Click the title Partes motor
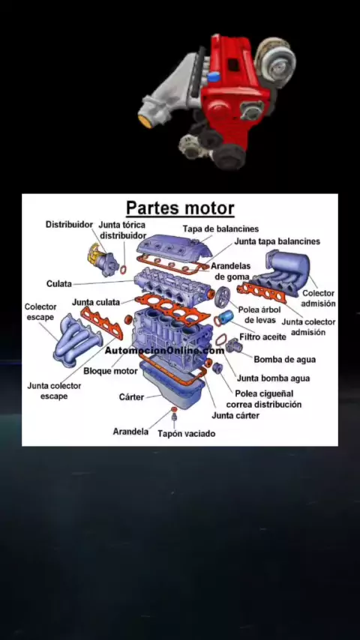(x=180, y=208)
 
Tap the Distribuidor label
(x=69, y=225)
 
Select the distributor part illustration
(x=103, y=259)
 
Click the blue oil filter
(x=226, y=317)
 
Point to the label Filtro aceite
(x=262, y=337)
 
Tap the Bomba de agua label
(x=285, y=360)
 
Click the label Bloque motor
(x=110, y=371)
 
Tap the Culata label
(x=58, y=283)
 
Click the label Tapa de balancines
(x=220, y=229)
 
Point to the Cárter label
(x=131, y=396)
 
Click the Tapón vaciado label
(x=186, y=433)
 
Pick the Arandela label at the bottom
(x=130, y=432)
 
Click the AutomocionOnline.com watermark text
(x=165, y=350)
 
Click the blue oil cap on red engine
(x=214, y=76)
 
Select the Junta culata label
(x=96, y=303)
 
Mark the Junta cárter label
(x=235, y=415)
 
